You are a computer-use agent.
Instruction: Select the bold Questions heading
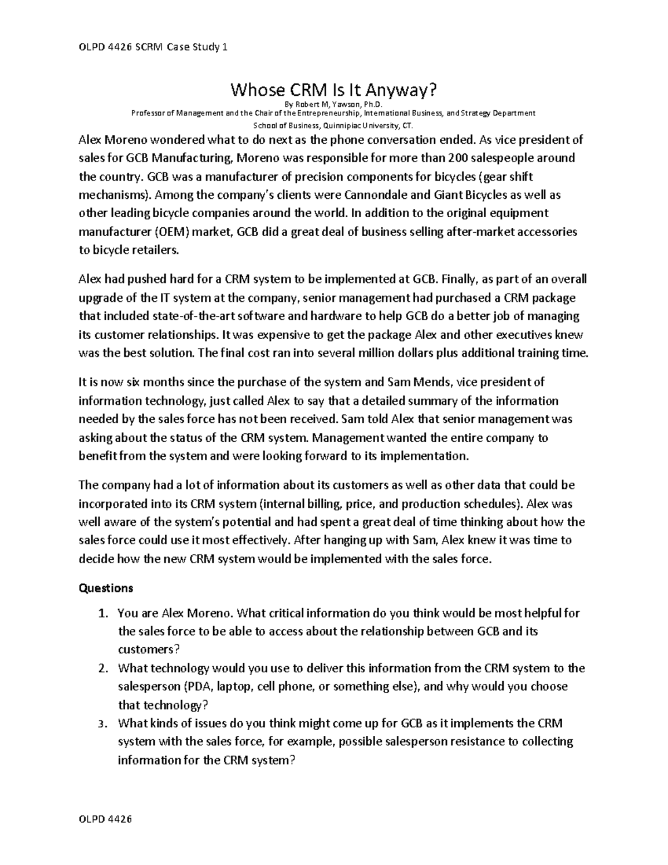pos(106,588)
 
